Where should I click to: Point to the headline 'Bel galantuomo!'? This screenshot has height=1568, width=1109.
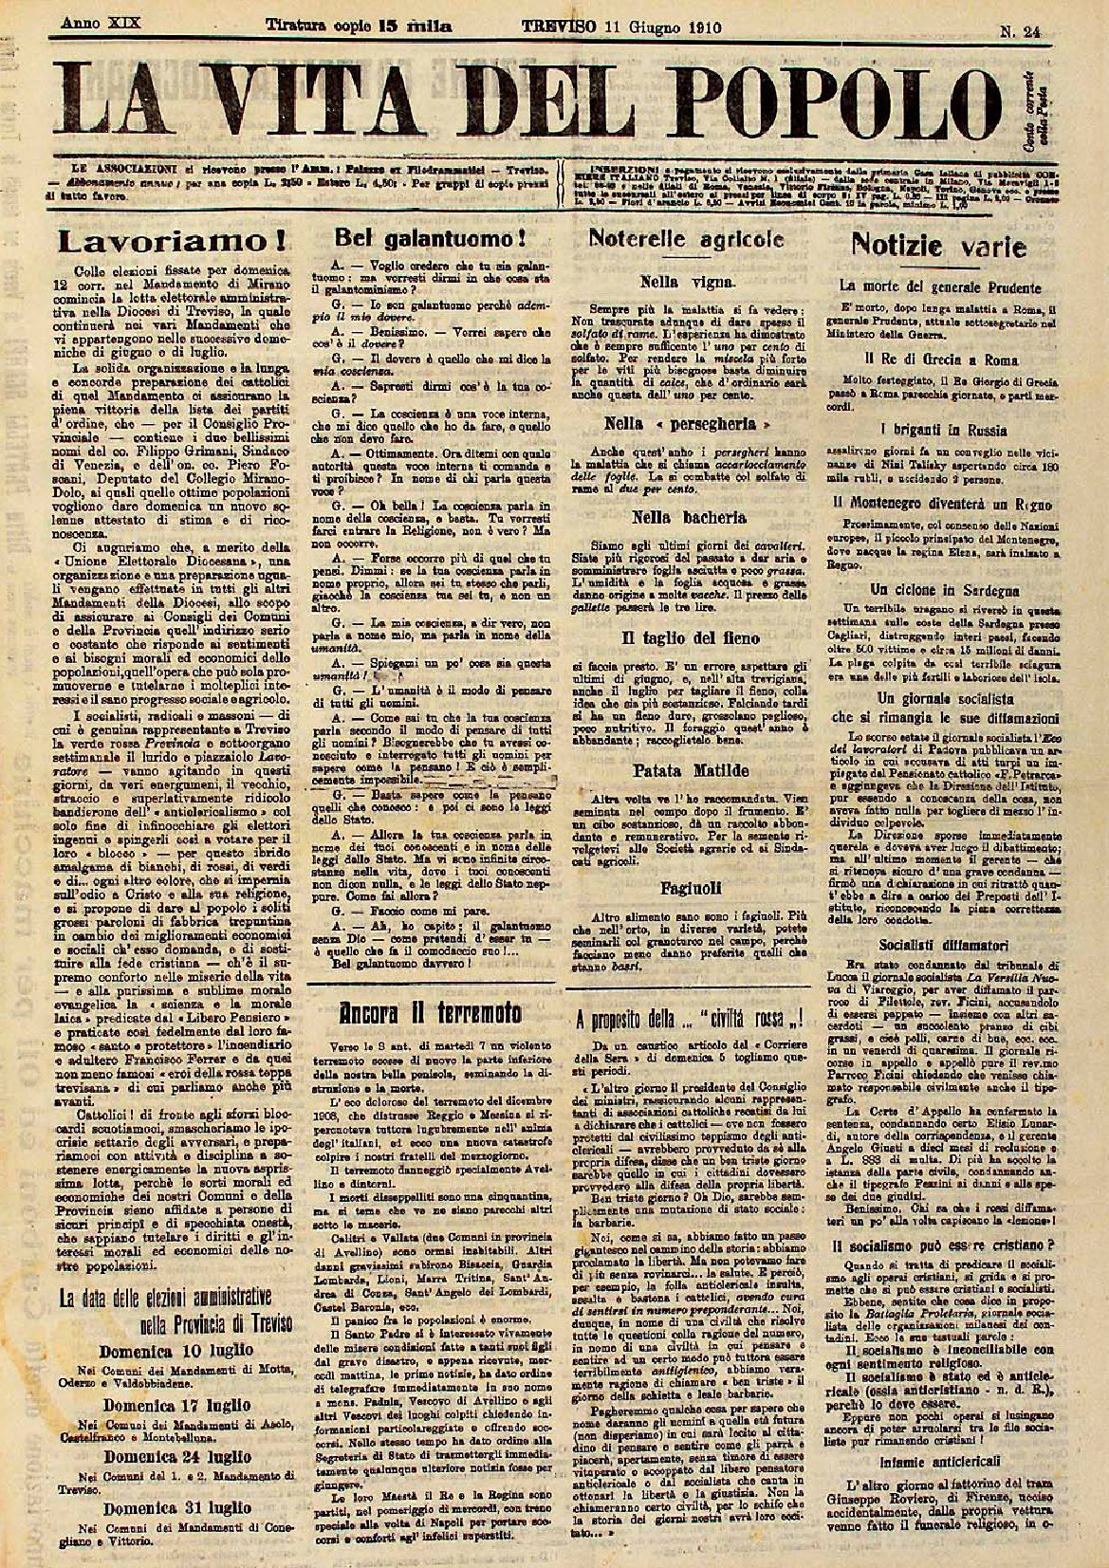point(413,236)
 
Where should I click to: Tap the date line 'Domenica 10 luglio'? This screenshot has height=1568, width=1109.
point(166,1349)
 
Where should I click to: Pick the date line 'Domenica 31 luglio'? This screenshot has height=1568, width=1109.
point(166,1506)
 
